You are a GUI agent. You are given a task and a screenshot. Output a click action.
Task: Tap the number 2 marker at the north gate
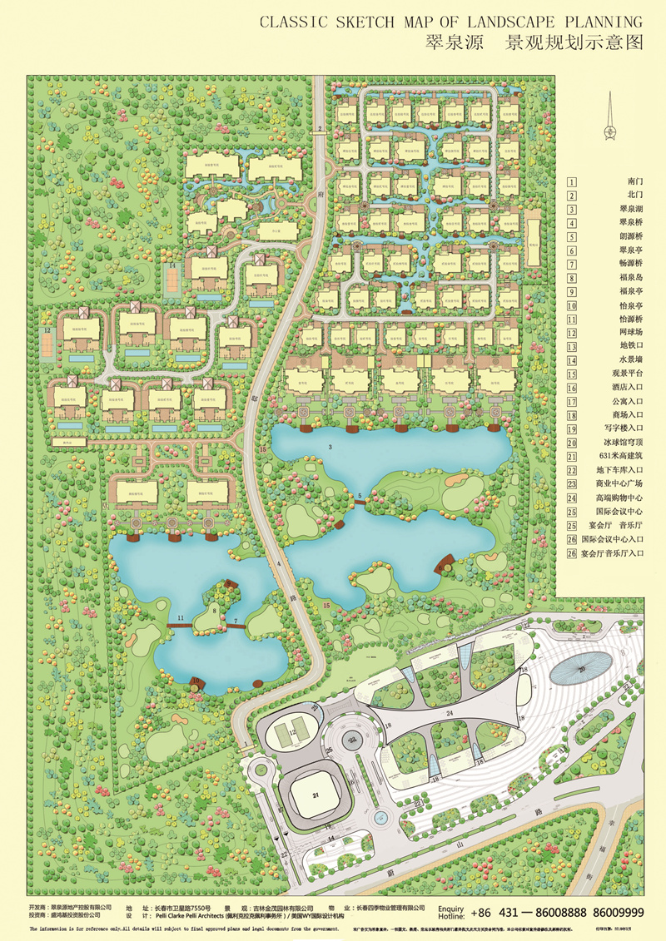[x=319, y=128]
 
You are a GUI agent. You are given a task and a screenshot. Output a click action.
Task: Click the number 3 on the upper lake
[x=331, y=448]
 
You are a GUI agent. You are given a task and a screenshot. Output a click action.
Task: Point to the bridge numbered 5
[x=360, y=499]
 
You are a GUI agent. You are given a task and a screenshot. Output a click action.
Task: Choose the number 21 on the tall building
[x=316, y=795]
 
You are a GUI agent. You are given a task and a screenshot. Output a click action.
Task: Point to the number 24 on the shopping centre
[x=451, y=713]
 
